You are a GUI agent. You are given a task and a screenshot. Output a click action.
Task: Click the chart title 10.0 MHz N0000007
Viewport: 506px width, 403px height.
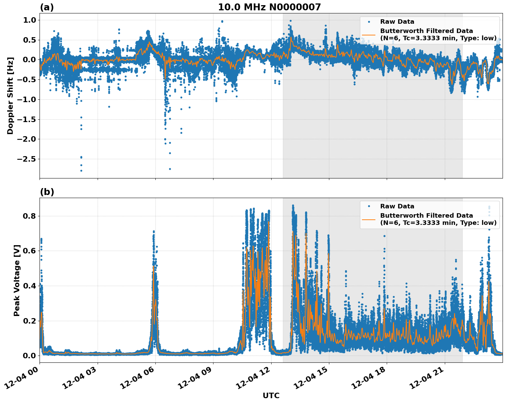(269, 7)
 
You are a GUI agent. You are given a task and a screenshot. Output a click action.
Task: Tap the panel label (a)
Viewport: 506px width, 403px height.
(47, 7)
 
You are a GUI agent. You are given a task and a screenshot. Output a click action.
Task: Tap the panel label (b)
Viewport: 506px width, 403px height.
(47, 192)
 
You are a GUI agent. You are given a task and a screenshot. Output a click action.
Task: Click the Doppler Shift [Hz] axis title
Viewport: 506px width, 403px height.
(10, 96)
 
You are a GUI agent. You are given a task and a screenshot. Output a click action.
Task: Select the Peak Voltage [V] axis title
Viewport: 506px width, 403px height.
(17, 280)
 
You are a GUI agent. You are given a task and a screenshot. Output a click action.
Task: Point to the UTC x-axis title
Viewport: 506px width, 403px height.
(271, 395)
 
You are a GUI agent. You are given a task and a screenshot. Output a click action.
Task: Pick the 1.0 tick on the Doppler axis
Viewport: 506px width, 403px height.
(29, 20)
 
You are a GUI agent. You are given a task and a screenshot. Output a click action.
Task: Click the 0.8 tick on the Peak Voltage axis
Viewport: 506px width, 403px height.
(29, 216)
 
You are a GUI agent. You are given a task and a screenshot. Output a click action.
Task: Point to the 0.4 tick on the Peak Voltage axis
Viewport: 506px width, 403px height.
(29, 286)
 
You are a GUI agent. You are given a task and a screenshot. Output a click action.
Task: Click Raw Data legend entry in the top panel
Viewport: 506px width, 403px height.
(397, 22)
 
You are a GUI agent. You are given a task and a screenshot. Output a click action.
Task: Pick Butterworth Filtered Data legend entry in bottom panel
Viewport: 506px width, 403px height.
(438, 219)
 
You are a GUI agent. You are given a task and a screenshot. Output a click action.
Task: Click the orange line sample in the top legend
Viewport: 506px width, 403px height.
(369, 34)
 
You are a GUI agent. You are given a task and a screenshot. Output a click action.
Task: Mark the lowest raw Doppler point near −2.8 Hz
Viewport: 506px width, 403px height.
(81, 171)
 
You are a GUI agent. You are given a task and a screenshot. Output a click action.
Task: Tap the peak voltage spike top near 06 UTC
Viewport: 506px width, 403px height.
(154, 232)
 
